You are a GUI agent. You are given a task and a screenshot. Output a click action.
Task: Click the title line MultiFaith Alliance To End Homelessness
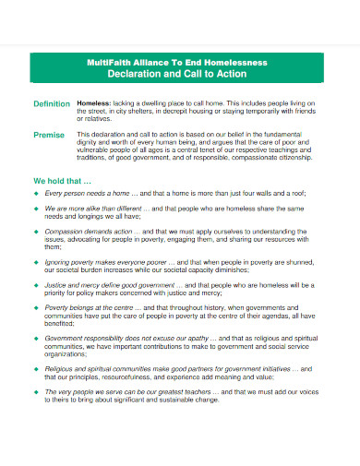(x=181, y=63)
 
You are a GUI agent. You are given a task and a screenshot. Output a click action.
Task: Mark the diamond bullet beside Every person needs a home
(x=37, y=195)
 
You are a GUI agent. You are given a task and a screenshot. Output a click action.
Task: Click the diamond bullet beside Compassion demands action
(x=37, y=232)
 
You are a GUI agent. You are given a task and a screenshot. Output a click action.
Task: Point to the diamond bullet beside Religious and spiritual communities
(x=37, y=370)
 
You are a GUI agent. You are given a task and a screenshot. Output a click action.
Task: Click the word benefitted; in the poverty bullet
(x=60, y=325)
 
